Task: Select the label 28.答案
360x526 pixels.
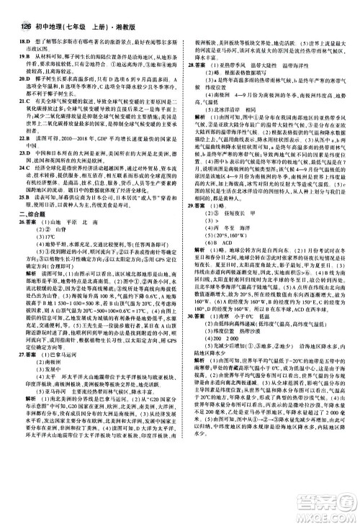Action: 197,64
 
